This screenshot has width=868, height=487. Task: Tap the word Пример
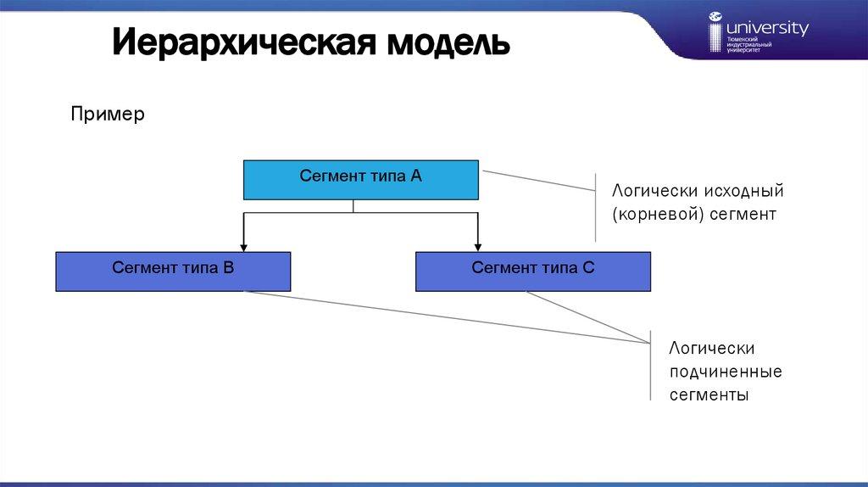(108, 114)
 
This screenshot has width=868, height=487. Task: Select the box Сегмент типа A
(360, 179)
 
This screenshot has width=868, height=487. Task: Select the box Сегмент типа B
(173, 271)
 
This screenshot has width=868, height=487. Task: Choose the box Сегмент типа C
(533, 271)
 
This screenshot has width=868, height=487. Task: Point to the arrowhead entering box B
(244, 246)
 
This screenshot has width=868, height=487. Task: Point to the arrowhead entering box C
(478, 246)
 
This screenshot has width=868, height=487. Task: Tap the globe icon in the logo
(715, 16)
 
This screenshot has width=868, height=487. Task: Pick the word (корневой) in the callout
(648, 214)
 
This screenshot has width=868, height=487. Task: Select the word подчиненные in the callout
(726, 372)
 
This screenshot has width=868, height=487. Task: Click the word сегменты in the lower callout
(709, 395)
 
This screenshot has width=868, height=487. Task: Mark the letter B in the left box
(228, 268)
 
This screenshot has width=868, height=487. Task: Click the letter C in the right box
(588, 268)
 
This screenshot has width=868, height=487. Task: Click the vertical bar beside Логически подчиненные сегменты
(650, 365)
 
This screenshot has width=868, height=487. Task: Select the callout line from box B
(441, 316)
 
